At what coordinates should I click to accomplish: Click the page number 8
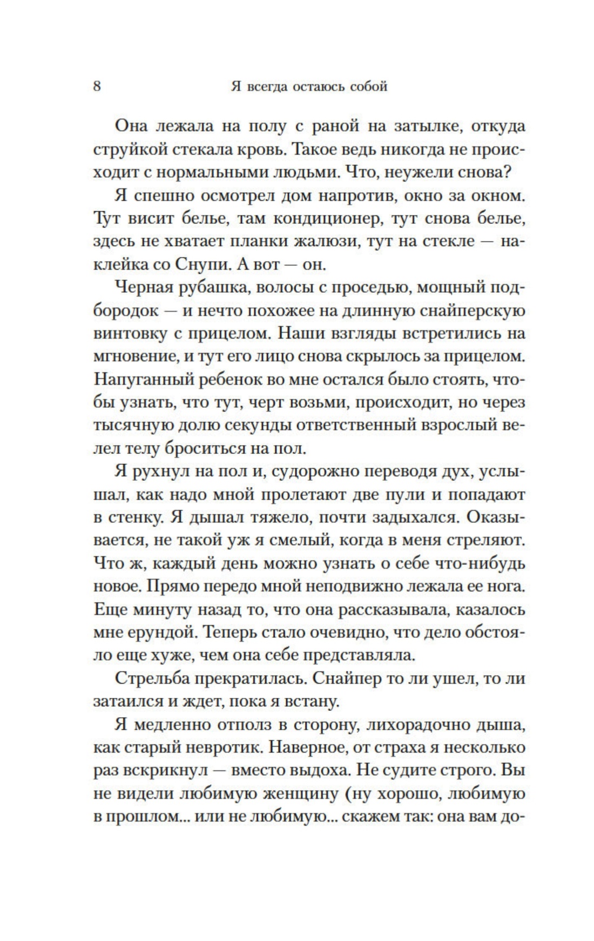[97, 86]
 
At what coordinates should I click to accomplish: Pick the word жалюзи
[326, 241]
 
